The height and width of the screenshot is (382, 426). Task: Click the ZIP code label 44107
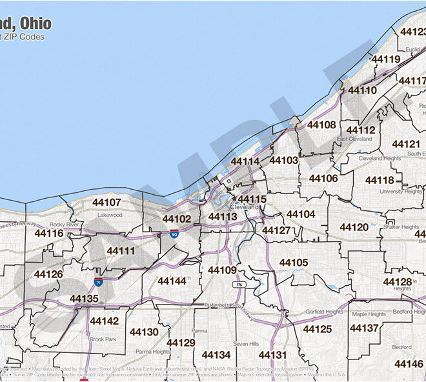107,203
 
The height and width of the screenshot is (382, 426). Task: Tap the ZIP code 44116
49,233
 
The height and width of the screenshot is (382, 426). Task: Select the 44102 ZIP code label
177,219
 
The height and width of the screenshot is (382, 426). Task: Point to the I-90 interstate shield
175,235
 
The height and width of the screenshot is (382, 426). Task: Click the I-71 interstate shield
98,282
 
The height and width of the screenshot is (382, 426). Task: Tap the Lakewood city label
110,215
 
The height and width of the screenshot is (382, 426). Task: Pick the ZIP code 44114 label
245,161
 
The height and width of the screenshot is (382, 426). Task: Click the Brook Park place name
103,339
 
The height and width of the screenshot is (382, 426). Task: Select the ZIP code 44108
321,125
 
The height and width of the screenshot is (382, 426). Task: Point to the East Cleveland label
354,139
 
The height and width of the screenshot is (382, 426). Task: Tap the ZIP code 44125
318,329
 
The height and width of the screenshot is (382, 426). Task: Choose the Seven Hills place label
245,343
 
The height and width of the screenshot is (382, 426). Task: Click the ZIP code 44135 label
84,299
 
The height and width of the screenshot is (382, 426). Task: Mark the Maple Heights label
369,314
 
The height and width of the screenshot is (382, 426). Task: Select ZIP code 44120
354,227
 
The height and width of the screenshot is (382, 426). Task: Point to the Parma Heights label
153,352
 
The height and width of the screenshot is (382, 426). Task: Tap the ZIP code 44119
386,59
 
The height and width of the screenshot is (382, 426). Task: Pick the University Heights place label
401,192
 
